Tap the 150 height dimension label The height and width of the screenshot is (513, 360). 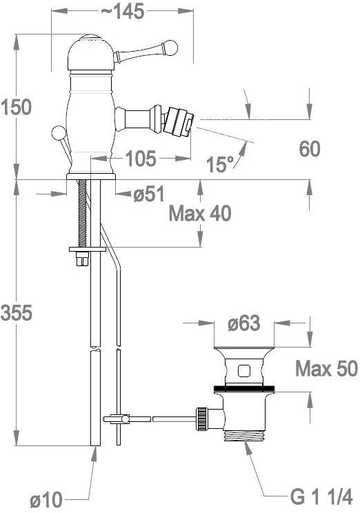(x=16, y=107)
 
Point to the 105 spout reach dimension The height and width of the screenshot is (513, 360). (x=141, y=159)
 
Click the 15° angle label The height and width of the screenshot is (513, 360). (x=221, y=163)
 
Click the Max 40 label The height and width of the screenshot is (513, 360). (x=200, y=213)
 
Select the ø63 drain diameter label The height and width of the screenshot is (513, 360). (x=243, y=323)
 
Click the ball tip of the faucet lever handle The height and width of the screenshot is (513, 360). (x=172, y=48)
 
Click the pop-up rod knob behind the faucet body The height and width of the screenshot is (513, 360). (x=59, y=133)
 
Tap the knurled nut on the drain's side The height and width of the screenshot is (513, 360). (x=203, y=418)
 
